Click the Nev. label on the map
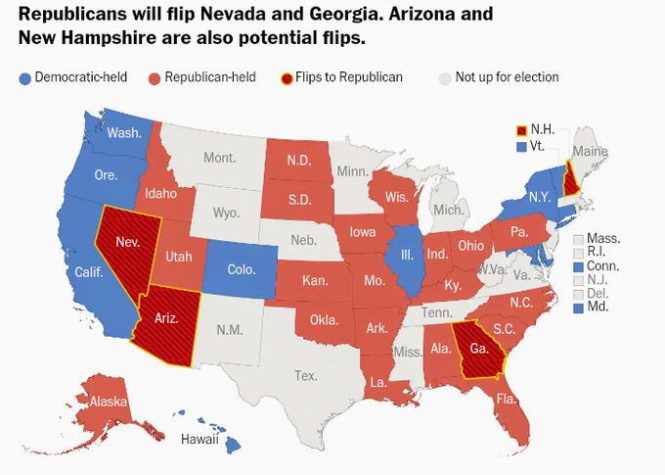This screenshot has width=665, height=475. click(x=126, y=241)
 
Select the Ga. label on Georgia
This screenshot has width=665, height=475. click(x=479, y=348)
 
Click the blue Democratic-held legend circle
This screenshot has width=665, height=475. click(x=24, y=77)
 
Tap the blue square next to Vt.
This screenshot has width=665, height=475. click(x=521, y=145)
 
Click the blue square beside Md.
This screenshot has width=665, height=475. click(x=579, y=308)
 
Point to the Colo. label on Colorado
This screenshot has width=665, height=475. click(x=242, y=268)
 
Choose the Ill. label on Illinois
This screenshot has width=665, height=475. click(x=407, y=254)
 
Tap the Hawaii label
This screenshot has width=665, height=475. click(x=199, y=439)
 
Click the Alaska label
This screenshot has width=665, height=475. click(x=106, y=402)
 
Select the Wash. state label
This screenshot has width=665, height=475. click(x=122, y=133)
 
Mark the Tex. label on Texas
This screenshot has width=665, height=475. click(x=306, y=375)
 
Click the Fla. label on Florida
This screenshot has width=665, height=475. click(x=506, y=399)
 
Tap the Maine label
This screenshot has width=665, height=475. click(x=588, y=150)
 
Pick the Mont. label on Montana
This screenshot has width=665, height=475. click(x=219, y=157)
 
